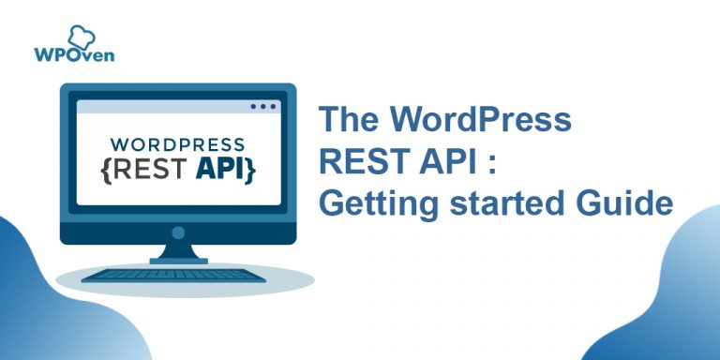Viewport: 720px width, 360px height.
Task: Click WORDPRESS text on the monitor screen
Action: coord(178,146)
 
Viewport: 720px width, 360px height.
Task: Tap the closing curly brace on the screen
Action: coord(251,172)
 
